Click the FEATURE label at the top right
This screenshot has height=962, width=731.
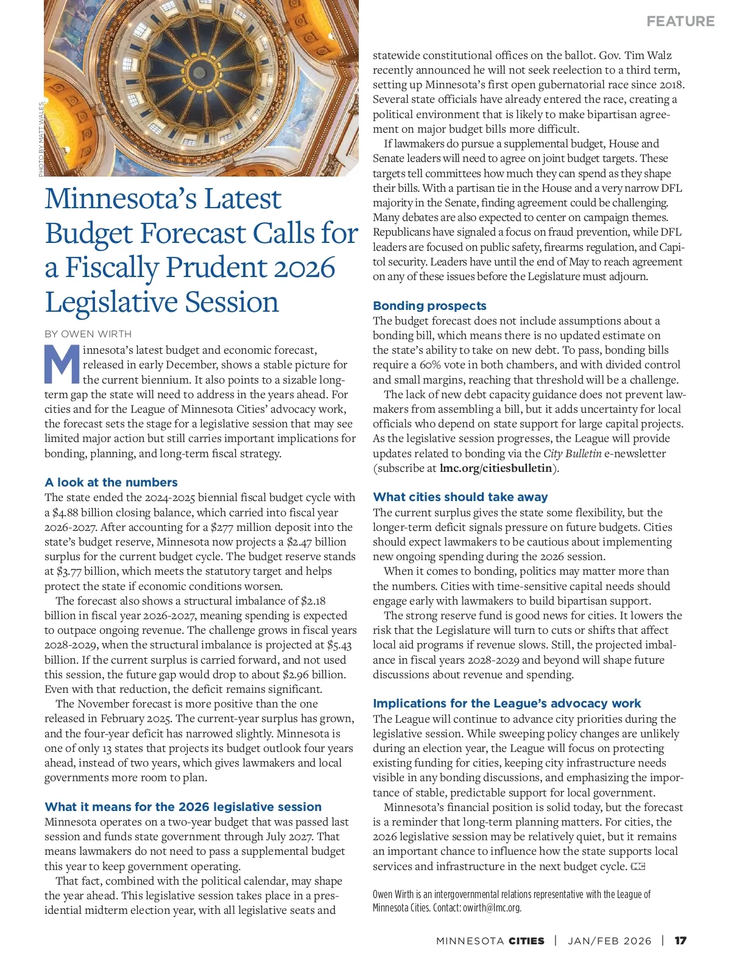pyautogui.click(x=680, y=21)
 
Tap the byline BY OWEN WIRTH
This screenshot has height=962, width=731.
pyautogui.click(x=88, y=334)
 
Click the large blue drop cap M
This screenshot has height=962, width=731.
pyautogui.click(x=62, y=364)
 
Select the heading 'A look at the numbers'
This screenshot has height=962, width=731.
pyautogui.click(x=111, y=482)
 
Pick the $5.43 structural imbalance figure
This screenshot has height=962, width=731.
pyautogui.click(x=339, y=645)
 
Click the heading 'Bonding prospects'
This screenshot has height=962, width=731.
pyautogui.click(x=429, y=306)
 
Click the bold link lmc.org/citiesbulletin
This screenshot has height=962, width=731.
pyautogui.click(x=496, y=468)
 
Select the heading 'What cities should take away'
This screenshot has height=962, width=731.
pyautogui.click(x=460, y=497)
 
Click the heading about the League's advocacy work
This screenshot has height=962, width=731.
pyautogui.click(x=507, y=703)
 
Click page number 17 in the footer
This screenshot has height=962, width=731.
pyautogui.click(x=680, y=941)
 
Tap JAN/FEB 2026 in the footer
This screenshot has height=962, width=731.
pyautogui.click(x=609, y=941)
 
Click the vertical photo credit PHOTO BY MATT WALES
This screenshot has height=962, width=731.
pyautogui.click(x=41, y=139)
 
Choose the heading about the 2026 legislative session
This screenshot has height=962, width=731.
pyautogui.click(x=183, y=807)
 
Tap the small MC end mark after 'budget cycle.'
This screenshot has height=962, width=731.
pyautogui.click(x=638, y=866)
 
